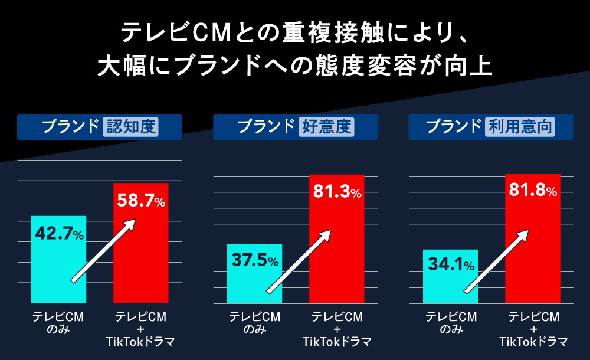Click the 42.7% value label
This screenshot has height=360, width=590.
60,234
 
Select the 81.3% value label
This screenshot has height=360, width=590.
337,192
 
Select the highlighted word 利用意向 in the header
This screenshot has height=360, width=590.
520,127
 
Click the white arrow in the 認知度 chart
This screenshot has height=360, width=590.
103,251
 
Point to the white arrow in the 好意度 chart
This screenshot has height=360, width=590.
299,261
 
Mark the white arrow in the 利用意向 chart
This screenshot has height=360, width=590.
496,261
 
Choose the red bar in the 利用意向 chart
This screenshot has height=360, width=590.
533,248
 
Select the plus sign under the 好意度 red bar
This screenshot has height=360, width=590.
337,329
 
